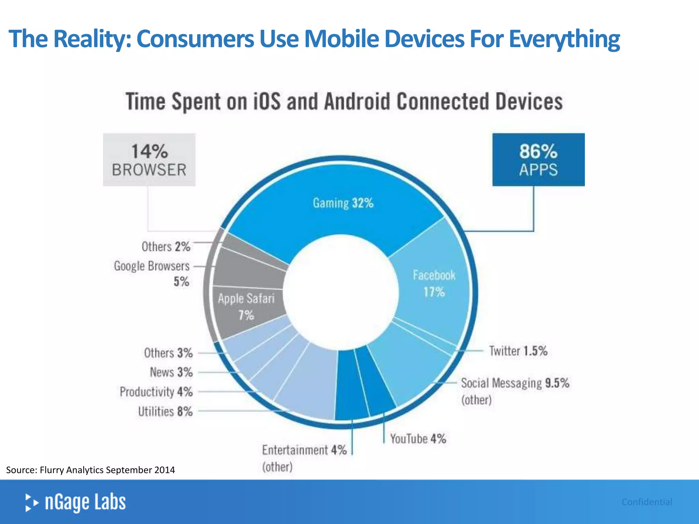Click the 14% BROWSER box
149,160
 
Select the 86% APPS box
538,160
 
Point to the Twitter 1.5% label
518,351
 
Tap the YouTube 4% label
418,439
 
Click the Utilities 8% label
165,411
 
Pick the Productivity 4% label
156,392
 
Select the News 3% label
171,372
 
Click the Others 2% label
166,246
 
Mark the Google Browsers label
152,266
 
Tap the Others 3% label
168,353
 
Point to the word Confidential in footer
647,502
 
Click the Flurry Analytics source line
90,470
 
